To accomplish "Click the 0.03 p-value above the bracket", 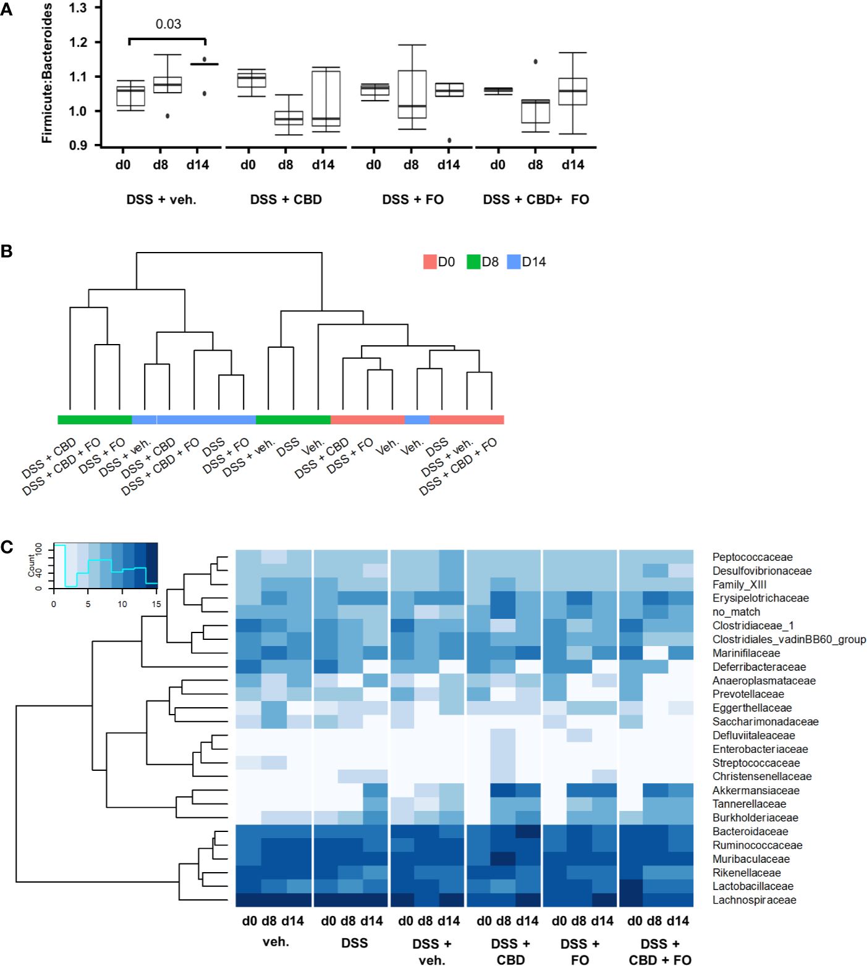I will point(168,24).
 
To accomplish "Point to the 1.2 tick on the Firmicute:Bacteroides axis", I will point(78,43).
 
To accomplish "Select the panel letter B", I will point(7,251).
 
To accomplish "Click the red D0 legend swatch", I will point(429,262).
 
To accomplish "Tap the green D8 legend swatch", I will point(473,262).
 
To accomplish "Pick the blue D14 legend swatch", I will point(514,262).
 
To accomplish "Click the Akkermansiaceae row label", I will point(755,791).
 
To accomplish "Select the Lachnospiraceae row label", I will point(754,900).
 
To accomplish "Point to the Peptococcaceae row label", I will point(752,557).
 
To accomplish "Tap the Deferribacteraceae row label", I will point(759,667).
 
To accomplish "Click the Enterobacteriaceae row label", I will point(760,749).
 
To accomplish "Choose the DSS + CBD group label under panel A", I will point(285,199).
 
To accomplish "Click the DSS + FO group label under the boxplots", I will point(413,199).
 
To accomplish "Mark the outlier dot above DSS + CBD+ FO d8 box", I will point(535,62).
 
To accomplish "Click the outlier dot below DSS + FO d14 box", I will point(449,140).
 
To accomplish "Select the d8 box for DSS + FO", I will point(412,94).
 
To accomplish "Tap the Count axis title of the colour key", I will point(32,565).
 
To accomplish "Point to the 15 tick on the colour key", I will point(156,604).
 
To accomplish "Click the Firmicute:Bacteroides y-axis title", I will point(47,73).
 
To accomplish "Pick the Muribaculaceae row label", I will point(751,859).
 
